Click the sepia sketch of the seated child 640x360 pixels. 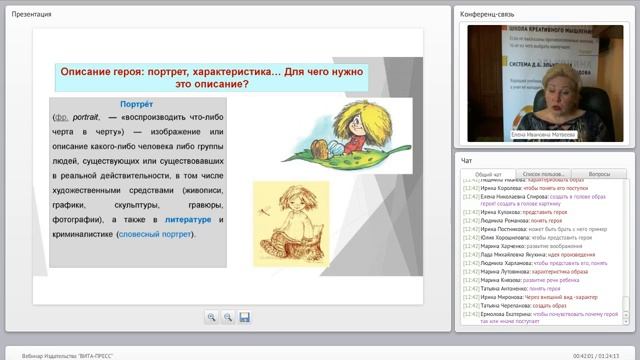[x=289, y=213]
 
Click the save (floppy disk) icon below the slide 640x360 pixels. [x=245, y=317]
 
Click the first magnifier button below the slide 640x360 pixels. [x=212, y=317]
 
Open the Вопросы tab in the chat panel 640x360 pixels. [x=599, y=173]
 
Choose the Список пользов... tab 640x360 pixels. [x=544, y=173]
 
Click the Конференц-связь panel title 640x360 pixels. [x=487, y=14]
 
